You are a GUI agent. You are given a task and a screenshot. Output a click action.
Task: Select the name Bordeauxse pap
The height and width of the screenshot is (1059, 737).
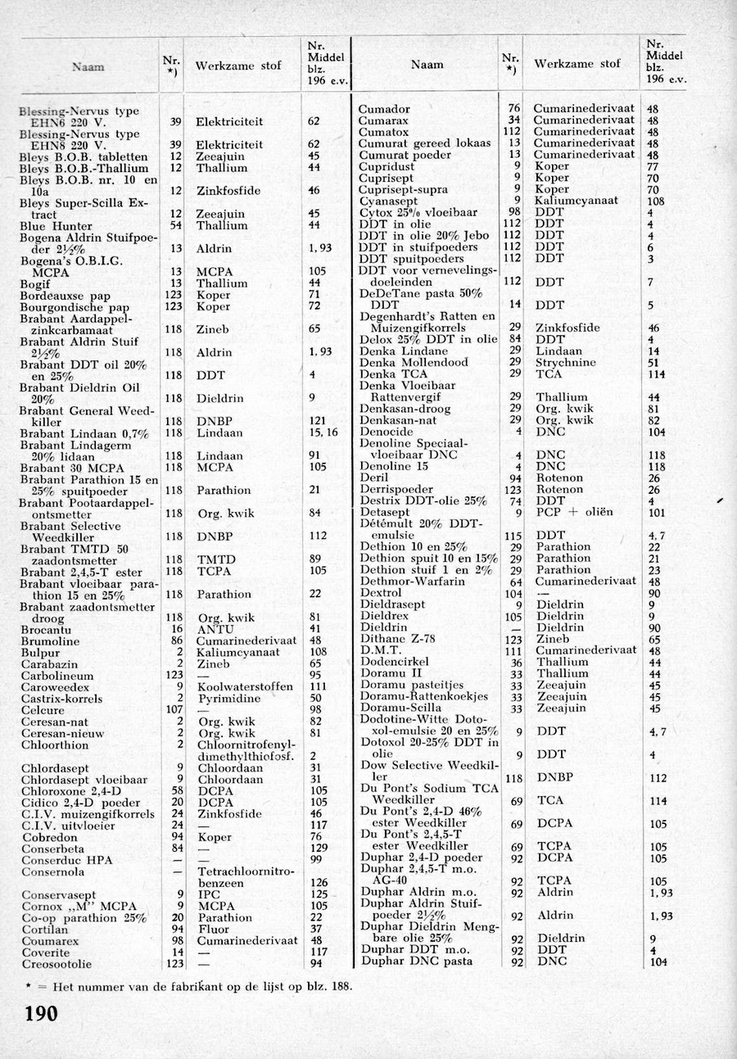62,295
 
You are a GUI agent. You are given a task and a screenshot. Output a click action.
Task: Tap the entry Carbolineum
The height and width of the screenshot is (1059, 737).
57,676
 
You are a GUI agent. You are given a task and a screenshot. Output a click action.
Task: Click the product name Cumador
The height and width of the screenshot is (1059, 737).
385,109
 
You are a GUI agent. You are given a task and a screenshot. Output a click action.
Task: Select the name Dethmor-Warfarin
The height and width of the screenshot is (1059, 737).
413,581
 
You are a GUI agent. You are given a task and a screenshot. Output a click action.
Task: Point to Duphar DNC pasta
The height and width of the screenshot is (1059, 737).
417,961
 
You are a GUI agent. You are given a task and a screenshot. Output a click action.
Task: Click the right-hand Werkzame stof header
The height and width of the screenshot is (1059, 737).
576,64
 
